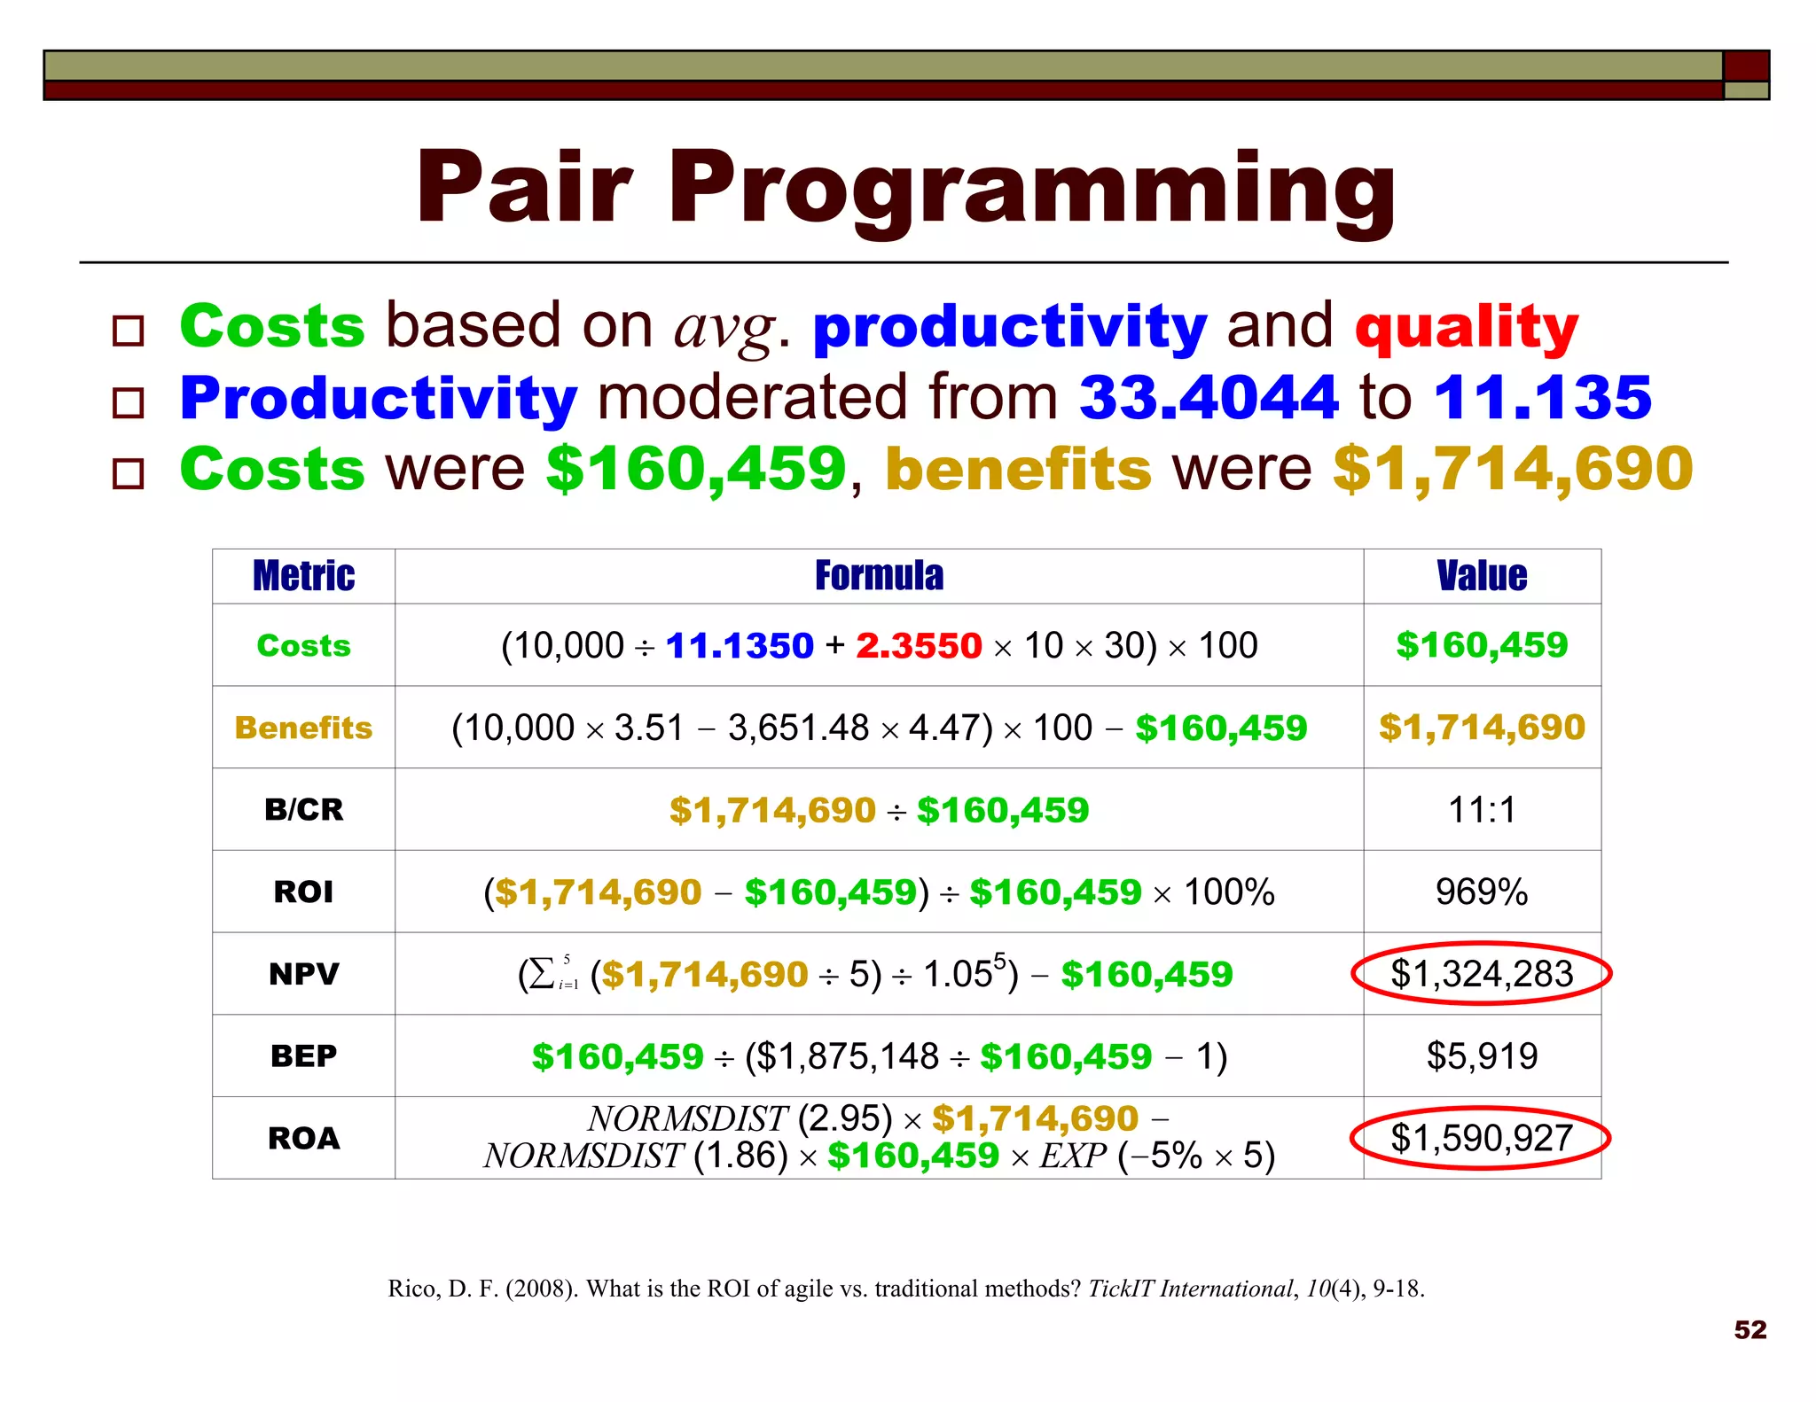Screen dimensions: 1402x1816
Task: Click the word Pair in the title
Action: [524, 188]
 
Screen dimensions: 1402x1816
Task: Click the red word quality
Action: [1467, 326]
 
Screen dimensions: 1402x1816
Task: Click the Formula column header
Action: [879, 576]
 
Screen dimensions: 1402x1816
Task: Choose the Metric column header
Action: [303, 576]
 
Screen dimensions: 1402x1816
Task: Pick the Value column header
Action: [1482, 576]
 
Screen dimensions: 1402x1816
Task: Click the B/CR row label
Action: [303, 810]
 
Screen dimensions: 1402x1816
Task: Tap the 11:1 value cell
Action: [1482, 810]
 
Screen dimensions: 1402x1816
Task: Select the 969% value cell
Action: [1482, 892]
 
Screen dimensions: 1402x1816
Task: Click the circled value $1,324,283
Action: [1482, 974]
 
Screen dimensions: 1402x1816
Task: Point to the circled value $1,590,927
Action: [1482, 1139]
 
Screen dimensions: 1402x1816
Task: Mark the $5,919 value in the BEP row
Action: [1482, 1056]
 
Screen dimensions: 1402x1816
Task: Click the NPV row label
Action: [303, 974]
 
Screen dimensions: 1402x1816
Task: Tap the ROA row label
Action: [303, 1139]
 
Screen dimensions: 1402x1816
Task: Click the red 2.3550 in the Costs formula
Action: [919, 646]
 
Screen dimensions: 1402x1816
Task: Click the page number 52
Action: [1750, 1329]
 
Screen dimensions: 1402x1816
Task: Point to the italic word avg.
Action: [725, 328]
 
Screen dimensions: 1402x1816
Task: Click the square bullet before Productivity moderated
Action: [129, 403]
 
